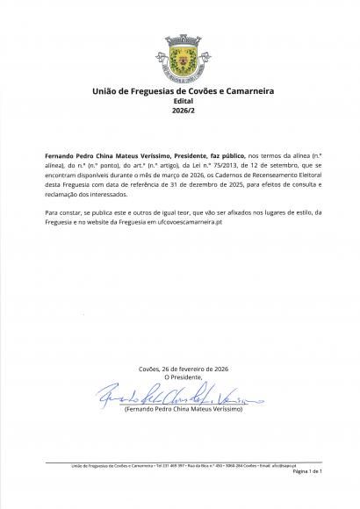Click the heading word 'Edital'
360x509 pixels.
click(x=179, y=100)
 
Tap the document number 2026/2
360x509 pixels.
click(x=179, y=110)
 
